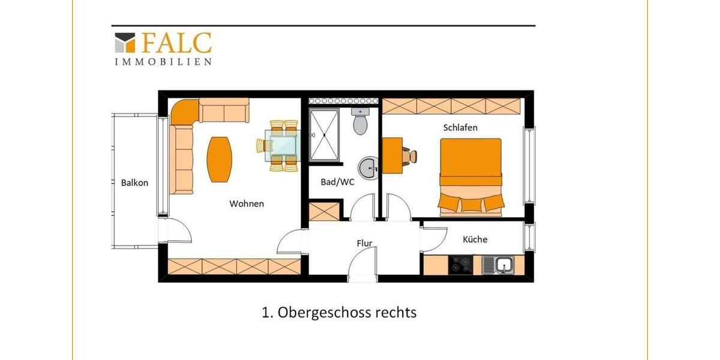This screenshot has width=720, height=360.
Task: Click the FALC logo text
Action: click(x=176, y=43)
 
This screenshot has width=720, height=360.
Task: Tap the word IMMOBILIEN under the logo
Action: click(x=163, y=61)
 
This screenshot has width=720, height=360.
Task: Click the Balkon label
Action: click(x=134, y=183)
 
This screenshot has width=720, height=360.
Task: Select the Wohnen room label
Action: click(x=247, y=204)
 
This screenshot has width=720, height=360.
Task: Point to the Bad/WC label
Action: click(x=338, y=182)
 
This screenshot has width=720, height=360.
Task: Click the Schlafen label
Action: click(x=460, y=128)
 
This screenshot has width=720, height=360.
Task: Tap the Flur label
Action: click(x=364, y=244)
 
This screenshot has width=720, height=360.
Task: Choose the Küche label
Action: click(x=475, y=239)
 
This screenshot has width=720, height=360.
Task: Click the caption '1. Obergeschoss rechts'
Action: click(x=339, y=313)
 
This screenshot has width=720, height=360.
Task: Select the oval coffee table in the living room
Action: click(x=220, y=159)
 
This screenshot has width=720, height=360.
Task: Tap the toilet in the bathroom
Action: click(x=361, y=124)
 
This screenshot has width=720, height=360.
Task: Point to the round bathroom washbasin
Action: click(x=368, y=167)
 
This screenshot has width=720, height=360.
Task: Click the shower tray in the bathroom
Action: click(x=325, y=135)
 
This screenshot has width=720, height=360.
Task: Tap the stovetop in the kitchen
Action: click(x=461, y=264)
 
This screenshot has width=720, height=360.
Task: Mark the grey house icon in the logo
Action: click(x=125, y=43)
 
